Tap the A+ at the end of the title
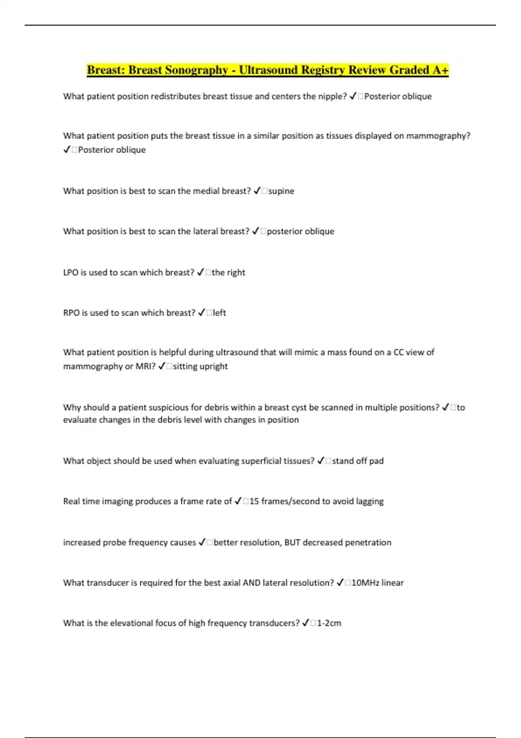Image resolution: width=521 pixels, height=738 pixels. tap(440, 70)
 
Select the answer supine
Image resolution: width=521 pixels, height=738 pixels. tap(281, 191)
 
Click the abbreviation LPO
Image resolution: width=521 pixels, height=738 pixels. tap(71, 273)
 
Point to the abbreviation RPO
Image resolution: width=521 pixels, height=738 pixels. tap(71, 313)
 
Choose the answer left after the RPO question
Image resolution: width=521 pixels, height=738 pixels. tap(219, 313)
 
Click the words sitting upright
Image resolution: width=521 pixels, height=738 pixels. tap(200, 366)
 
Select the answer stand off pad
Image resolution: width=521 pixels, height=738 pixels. tap(358, 461)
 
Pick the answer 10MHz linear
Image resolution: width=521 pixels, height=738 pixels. tap(377, 583)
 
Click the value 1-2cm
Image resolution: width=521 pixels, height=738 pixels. tap(329, 623)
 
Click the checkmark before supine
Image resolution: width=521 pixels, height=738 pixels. tap(257, 191)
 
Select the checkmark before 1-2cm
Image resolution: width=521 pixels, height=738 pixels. tap(306, 623)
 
